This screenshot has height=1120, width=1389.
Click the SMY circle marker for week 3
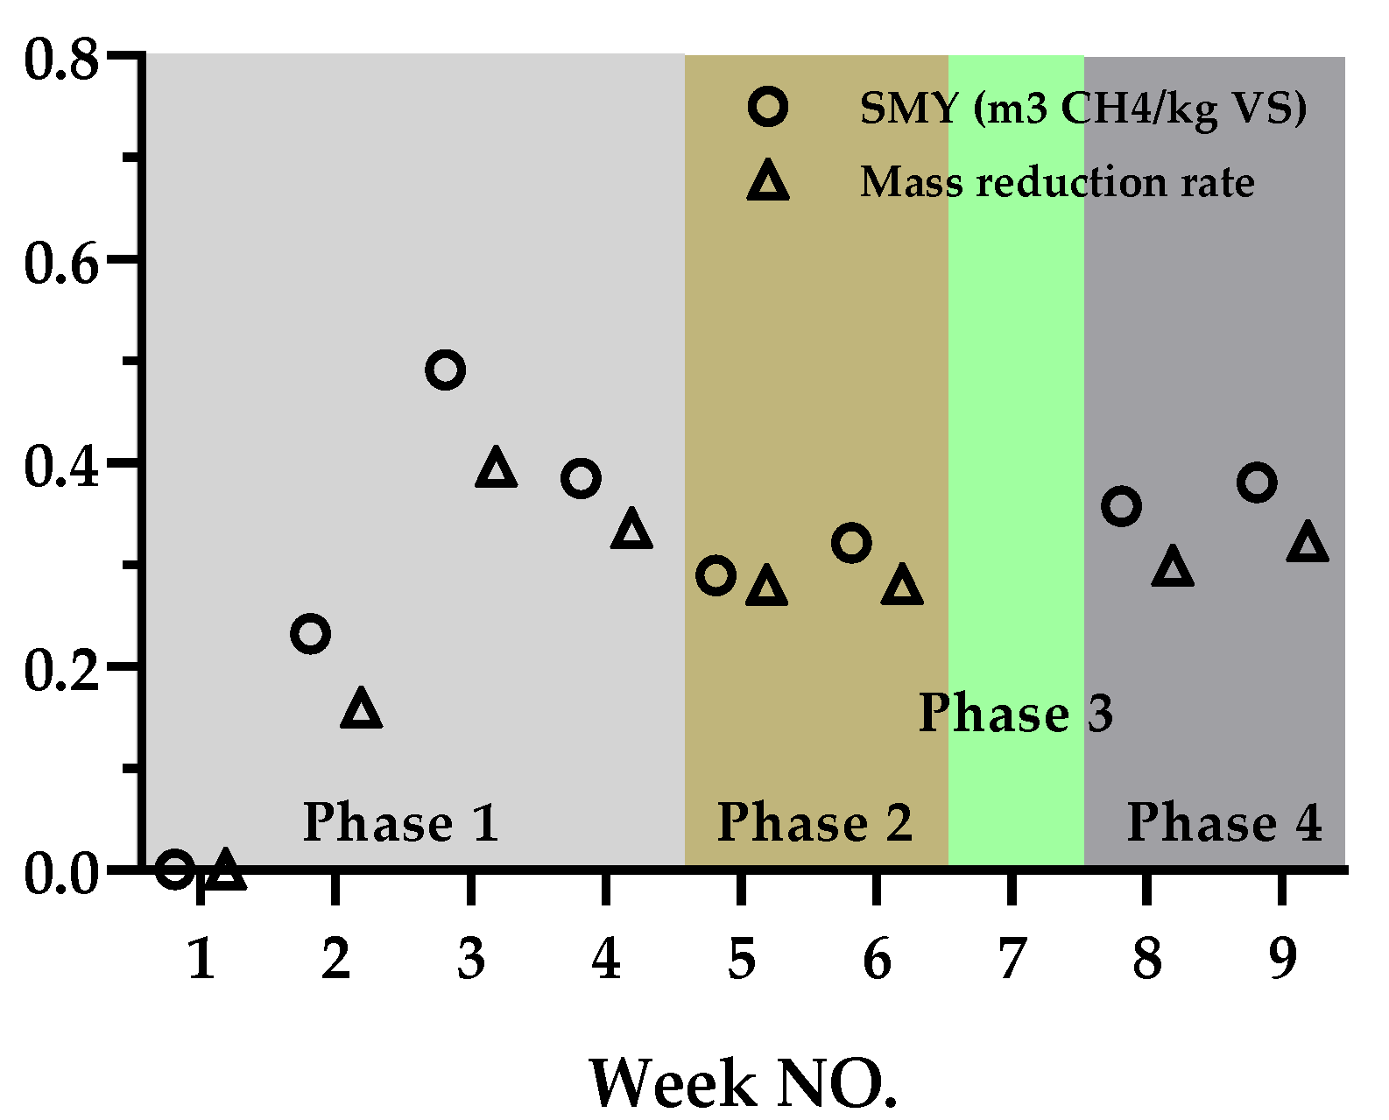click(x=445, y=370)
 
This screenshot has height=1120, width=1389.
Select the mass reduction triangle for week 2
click(x=362, y=708)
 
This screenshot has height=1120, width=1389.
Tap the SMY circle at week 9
click(x=1257, y=483)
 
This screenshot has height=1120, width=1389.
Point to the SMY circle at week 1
click(x=174, y=869)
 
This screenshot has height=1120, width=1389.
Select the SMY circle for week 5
click(x=716, y=575)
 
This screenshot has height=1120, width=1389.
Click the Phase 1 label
click(x=400, y=823)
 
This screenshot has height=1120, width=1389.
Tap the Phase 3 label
click(x=1015, y=714)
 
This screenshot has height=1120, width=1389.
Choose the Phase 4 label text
click(x=1223, y=823)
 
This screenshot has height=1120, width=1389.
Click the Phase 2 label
click(x=814, y=823)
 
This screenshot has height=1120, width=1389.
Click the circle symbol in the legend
click(x=768, y=107)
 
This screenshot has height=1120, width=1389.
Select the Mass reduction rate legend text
click(x=1057, y=182)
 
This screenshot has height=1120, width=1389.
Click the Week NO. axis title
click(x=743, y=1083)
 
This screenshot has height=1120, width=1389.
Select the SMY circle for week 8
click(x=1121, y=506)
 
